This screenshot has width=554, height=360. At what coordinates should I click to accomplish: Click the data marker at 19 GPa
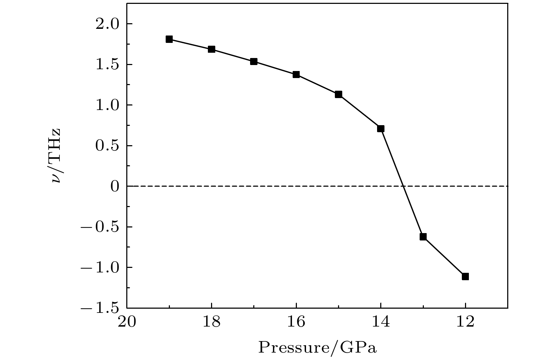tap(169, 39)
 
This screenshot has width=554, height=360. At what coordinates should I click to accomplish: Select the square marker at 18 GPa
tap(211, 49)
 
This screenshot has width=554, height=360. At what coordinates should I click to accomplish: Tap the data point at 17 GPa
tap(254, 62)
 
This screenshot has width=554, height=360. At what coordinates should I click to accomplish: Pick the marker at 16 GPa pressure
tap(296, 75)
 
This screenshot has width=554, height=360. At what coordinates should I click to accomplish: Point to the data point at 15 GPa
tap(338, 94)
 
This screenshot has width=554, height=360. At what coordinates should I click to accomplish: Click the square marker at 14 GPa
tap(381, 129)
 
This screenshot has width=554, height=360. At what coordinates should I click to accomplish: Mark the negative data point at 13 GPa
tap(423, 237)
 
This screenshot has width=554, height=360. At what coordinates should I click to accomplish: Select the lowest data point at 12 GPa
tap(465, 276)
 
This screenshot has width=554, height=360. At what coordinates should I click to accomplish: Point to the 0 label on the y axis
tap(115, 186)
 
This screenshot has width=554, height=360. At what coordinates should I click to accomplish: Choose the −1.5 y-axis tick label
tap(102, 308)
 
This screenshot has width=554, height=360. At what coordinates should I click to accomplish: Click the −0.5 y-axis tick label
tap(102, 227)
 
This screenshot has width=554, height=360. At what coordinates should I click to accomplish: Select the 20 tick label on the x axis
tap(127, 322)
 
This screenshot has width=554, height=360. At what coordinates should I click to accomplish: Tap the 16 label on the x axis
tap(296, 322)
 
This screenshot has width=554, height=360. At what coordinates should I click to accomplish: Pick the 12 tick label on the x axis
tap(465, 322)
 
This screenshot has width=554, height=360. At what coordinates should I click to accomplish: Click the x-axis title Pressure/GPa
tap(317, 348)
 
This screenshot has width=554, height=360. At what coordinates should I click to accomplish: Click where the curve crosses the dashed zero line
tap(403, 186)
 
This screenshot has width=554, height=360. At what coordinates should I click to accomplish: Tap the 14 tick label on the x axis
tap(381, 322)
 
